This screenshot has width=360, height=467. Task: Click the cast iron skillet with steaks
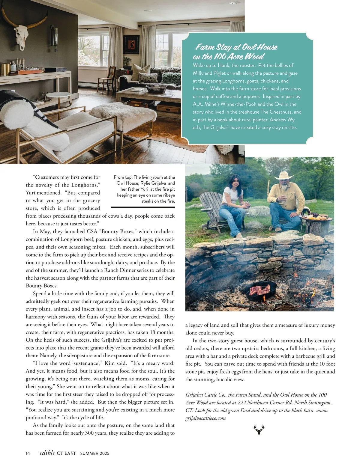[x=260, y=290]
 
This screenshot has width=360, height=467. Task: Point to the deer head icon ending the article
[x=259, y=429]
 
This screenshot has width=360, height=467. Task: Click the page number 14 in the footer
[x=28, y=454]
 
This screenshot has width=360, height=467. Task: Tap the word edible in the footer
[x=47, y=453]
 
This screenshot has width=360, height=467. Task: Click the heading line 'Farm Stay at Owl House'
[x=236, y=47]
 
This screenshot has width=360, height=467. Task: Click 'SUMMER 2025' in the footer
[x=95, y=454]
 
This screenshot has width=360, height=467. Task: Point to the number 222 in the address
[x=242, y=403]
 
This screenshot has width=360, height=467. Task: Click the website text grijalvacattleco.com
[x=205, y=418]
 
